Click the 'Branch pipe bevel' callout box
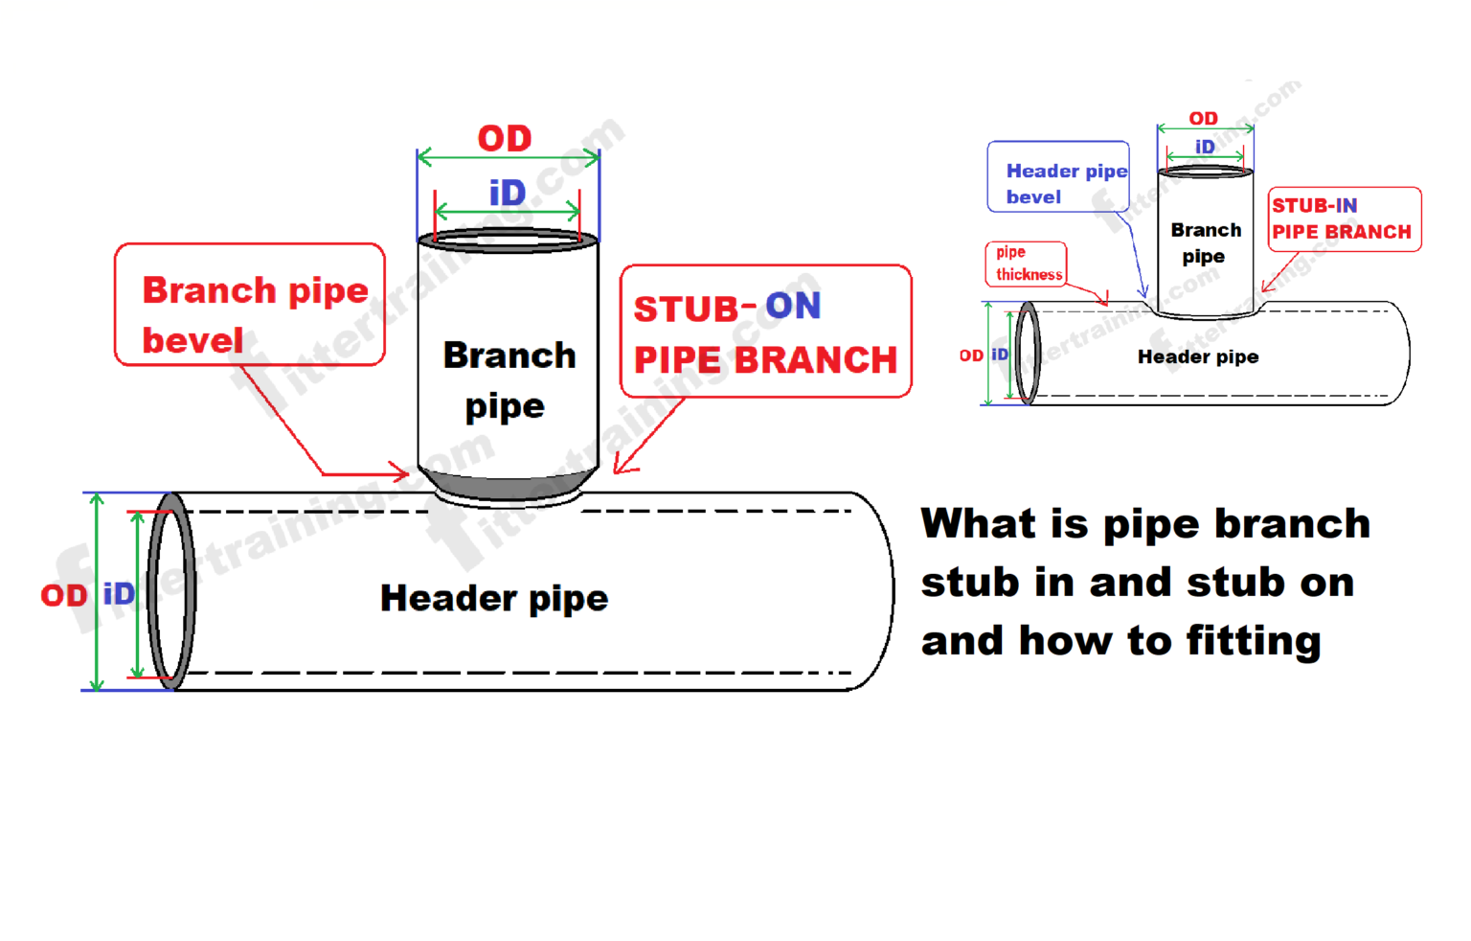(x=249, y=305)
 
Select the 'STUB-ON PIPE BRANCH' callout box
(x=765, y=332)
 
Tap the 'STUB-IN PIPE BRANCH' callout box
(x=1344, y=219)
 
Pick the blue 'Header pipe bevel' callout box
(x=1058, y=177)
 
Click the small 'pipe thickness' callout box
(x=1026, y=264)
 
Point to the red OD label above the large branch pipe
(x=505, y=139)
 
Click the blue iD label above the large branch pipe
(x=508, y=194)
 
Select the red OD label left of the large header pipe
(x=63, y=596)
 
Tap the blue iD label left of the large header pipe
(x=119, y=594)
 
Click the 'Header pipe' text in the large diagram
(x=494, y=599)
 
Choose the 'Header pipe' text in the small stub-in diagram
(x=1198, y=357)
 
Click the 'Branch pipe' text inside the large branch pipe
(x=509, y=380)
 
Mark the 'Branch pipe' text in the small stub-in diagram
(x=1205, y=243)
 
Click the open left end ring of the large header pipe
(x=172, y=590)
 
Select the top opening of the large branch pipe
(x=508, y=239)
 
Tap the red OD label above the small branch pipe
(x=1203, y=119)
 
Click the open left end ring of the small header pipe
(x=1028, y=353)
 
